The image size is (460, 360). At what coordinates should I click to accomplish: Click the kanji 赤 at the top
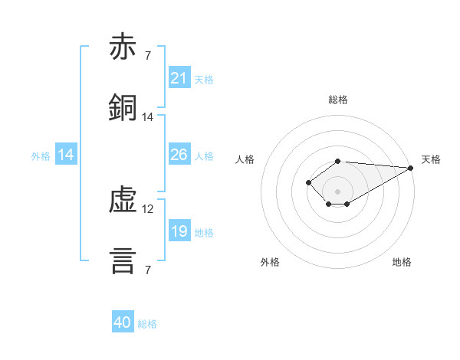point(123,46)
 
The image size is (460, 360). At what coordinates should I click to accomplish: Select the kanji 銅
point(123,107)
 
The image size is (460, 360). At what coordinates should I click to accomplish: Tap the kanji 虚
point(123,200)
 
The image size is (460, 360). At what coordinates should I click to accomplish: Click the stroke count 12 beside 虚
point(147,209)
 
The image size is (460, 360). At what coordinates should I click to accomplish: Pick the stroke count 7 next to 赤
point(148,55)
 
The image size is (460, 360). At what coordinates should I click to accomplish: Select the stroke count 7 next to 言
point(148,270)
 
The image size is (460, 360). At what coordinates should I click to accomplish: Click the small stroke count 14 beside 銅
point(147,117)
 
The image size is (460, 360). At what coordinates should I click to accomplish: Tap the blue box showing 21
point(179,77)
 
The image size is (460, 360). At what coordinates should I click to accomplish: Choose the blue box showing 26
point(179,154)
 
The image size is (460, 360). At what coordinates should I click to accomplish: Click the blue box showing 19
point(179,230)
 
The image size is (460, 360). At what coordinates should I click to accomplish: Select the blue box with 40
point(123,321)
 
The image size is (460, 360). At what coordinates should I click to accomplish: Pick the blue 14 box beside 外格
point(66,154)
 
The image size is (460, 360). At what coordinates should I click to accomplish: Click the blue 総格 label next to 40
point(147,324)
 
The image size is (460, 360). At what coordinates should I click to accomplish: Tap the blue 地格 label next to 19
point(204,233)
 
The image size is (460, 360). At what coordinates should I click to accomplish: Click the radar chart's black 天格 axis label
point(431,159)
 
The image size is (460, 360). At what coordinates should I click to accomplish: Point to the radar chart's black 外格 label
point(270,262)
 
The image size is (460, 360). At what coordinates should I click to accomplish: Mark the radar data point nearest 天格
point(411,168)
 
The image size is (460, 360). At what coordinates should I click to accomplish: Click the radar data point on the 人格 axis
point(308,182)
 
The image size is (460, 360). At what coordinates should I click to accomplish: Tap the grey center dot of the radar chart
point(337,191)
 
